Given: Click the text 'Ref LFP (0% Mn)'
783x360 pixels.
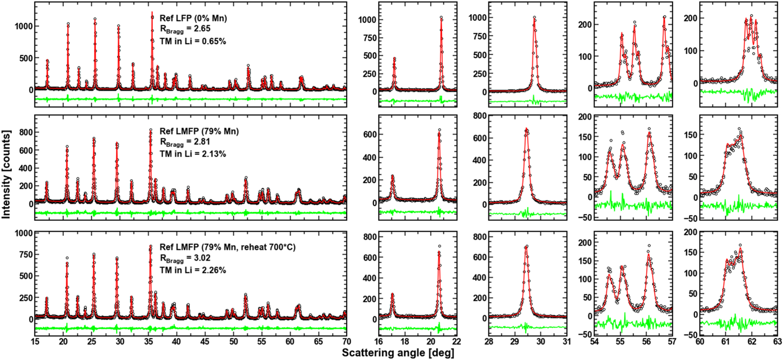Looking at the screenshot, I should (193, 18).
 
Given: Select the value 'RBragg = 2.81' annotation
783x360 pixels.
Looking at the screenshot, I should (185, 142).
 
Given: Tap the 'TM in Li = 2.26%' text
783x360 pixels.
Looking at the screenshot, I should (193, 270).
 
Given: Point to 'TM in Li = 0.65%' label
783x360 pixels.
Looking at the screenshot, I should (193, 41).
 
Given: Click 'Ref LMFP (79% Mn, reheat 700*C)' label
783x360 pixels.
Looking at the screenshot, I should (227, 247).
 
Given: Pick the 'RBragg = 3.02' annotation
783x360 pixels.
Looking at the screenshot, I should (185, 258).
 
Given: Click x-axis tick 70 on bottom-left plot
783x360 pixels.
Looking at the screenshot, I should (346, 342).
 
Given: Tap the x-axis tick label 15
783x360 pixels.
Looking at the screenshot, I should (35, 342).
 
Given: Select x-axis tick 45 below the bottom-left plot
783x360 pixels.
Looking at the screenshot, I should (205, 342).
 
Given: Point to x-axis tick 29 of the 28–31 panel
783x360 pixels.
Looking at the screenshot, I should (515, 342).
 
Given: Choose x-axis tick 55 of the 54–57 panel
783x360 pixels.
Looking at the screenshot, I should (620, 342).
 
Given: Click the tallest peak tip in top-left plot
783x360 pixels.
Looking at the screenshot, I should (152, 12).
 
